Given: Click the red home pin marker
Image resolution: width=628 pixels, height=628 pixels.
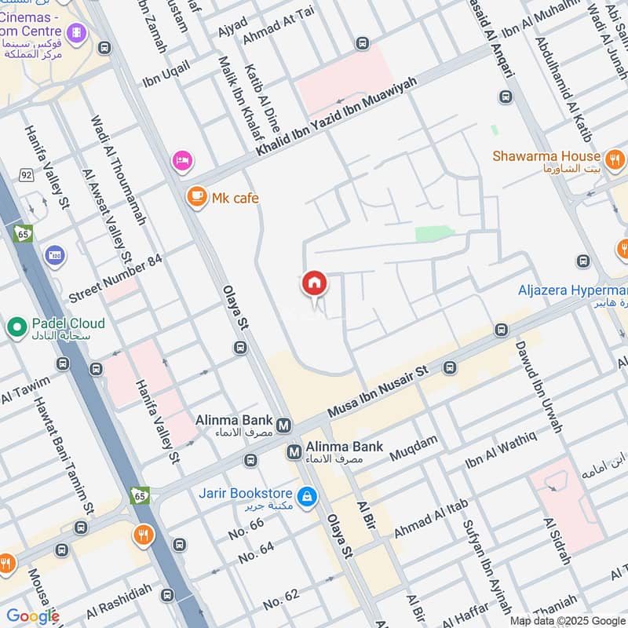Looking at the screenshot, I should (315, 284).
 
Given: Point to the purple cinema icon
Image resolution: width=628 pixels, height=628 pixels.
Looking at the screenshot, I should (76, 31).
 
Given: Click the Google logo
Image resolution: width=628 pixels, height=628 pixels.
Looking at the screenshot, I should (32, 615).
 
